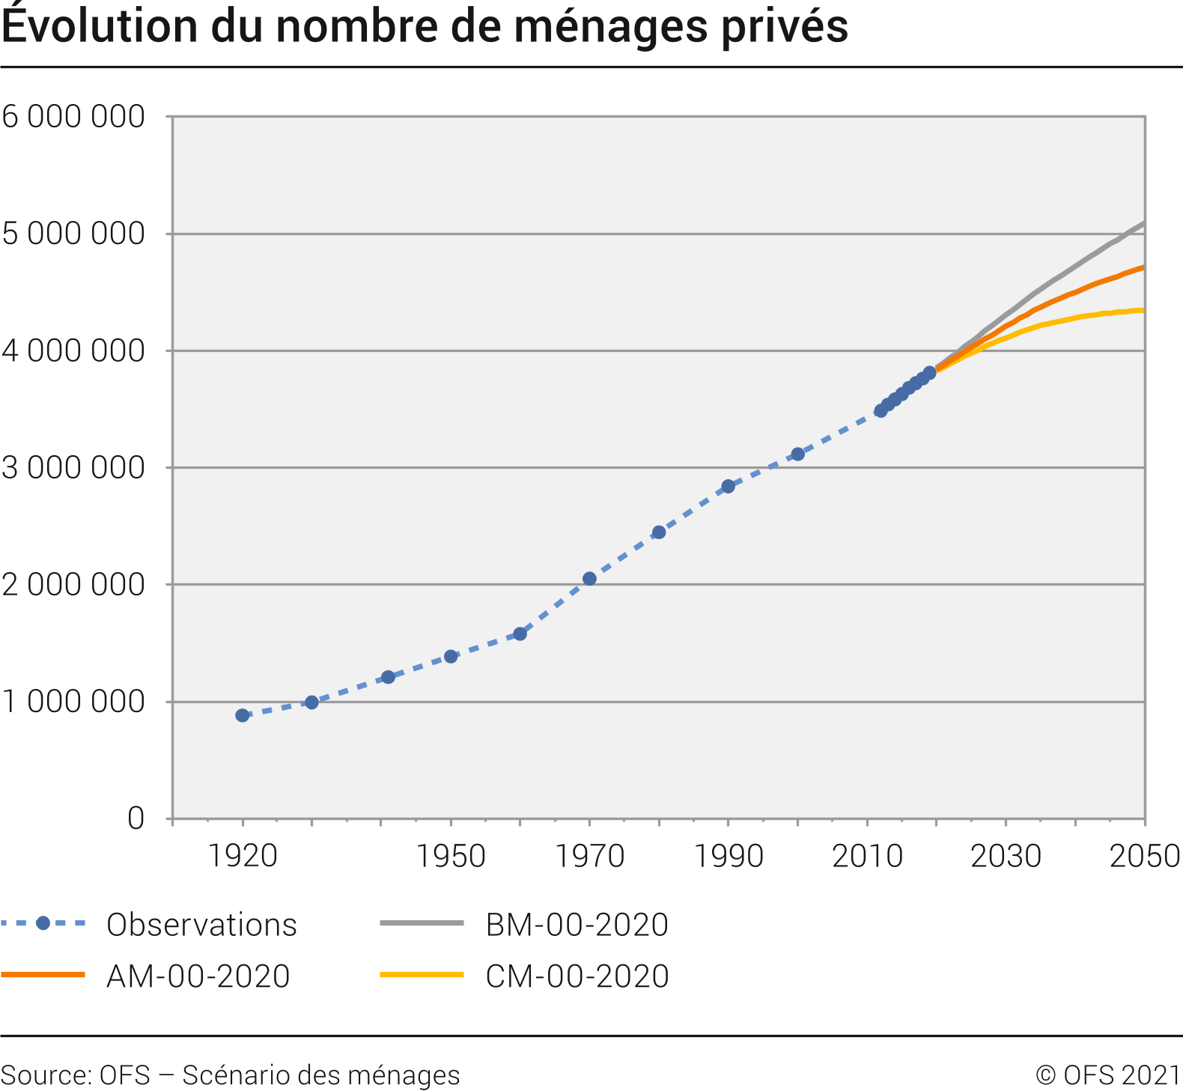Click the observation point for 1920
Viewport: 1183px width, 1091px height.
(242, 715)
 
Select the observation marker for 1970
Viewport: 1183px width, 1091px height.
(589, 578)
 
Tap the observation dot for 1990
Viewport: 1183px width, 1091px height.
(728, 486)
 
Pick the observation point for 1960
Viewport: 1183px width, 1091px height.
(520, 633)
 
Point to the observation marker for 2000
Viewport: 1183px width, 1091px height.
(797, 454)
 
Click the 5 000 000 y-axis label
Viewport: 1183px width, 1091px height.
(73, 234)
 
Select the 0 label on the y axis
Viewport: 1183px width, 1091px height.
(136, 818)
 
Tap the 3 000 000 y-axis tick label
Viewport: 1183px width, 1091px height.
(73, 468)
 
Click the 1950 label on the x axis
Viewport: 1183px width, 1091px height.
(451, 856)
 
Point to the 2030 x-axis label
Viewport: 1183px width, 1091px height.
(1006, 856)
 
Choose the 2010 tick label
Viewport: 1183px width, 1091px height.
(867, 856)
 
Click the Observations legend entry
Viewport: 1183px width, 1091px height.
(201, 925)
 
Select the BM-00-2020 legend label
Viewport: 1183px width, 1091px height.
(577, 925)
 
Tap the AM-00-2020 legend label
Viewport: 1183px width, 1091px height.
(198, 976)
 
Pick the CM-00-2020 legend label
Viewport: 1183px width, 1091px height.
(577, 976)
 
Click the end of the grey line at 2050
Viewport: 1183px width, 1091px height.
(1143, 223)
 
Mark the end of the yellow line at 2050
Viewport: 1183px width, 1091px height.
(1143, 310)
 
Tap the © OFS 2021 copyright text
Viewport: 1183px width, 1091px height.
(1108, 1075)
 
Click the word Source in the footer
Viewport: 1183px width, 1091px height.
(45, 1075)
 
